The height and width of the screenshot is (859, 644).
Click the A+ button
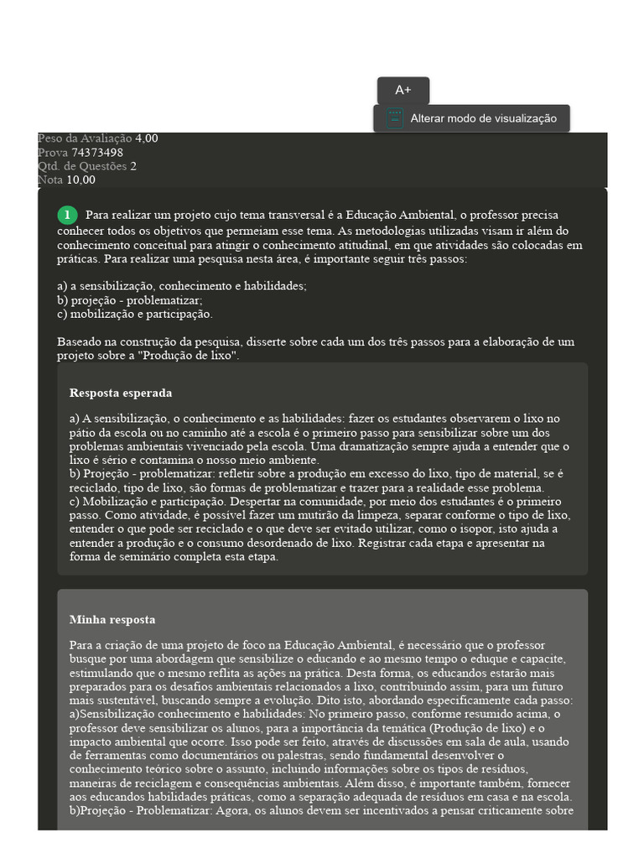pyautogui.click(x=403, y=91)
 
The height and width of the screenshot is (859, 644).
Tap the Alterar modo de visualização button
pyautogui.click(x=483, y=118)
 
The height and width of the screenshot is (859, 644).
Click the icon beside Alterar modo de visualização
pyautogui.click(x=395, y=118)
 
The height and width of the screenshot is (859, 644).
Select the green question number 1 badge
pyautogui.click(x=67, y=216)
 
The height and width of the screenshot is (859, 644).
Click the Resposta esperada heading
pyautogui.click(x=121, y=393)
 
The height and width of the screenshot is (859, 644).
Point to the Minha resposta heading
pyautogui.click(x=112, y=620)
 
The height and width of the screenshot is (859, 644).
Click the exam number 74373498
pyautogui.click(x=97, y=153)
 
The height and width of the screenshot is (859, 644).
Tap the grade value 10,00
pyautogui.click(x=80, y=180)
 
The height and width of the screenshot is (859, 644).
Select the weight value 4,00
pyautogui.click(x=147, y=139)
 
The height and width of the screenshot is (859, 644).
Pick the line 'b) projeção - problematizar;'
pyautogui.click(x=130, y=299)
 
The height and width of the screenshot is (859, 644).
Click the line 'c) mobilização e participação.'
pyautogui.click(x=135, y=314)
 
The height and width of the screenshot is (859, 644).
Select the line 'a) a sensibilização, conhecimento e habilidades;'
pyautogui.click(x=182, y=285)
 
